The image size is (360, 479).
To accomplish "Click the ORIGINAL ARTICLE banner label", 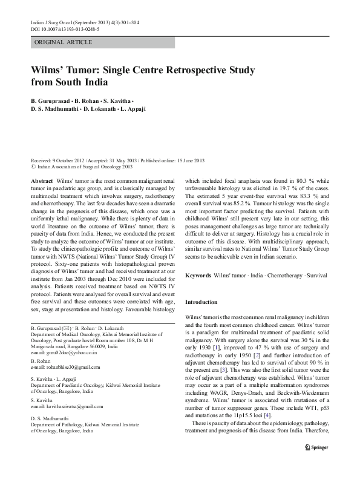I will pos(64,42).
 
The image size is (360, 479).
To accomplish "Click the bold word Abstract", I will pos(41,181).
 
